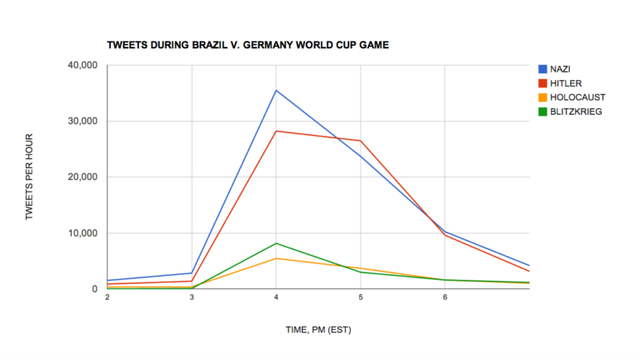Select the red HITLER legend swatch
tap(543, 83)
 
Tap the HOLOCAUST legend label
tap(578, 97)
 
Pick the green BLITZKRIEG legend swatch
tap(543, 111)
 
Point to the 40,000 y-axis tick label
tap(82, 65)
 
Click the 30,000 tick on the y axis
tap(82, 121)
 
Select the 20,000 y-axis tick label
tap(82, 177)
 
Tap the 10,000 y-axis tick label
tap(82, 233)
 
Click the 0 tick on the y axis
tap(95, 289)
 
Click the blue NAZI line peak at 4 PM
tap(276, 90)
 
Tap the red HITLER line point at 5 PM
tap(360, 141)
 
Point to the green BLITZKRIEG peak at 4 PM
tap(276, 243)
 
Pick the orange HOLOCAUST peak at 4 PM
tap(276, 258)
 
